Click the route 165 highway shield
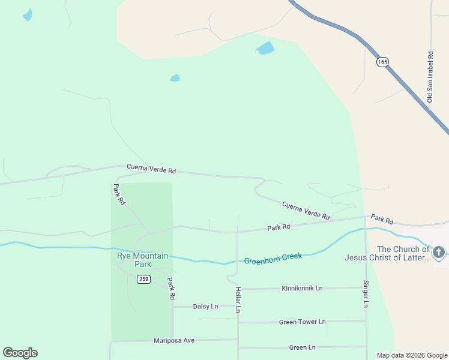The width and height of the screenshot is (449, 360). [383, 62]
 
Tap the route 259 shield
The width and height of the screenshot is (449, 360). [143, 279]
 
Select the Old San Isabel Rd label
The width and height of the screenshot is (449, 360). [430, 76]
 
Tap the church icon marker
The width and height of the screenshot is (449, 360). [439, 253]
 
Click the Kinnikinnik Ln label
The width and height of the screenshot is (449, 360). [302, 288]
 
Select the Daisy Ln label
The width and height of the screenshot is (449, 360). [205, 306]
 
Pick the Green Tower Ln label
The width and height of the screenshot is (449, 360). [302, 322]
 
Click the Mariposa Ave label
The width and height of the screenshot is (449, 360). [174, 340]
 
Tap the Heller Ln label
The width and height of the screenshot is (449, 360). [238, 299]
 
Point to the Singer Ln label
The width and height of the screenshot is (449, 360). [366, 294]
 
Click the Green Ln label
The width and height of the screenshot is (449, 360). [302, 347]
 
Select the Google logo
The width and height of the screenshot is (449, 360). [20, 353]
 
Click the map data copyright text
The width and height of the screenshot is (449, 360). [412, 355]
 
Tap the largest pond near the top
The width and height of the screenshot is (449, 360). [265, 48]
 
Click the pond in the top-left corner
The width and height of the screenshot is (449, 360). [28, 15]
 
